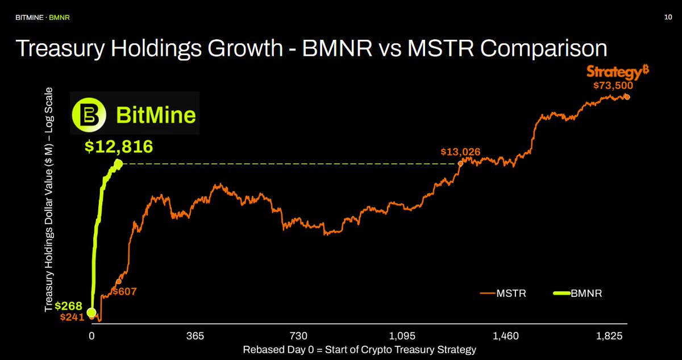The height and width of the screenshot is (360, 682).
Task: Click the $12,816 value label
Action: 119,147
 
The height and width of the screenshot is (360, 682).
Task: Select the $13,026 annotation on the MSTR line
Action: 460,152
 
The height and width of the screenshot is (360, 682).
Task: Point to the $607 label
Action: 124,292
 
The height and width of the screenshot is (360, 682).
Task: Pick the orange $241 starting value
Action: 72,317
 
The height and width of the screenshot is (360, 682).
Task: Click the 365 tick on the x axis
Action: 194,336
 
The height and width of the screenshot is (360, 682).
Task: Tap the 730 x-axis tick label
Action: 298,336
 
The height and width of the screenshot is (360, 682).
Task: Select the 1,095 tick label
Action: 402,336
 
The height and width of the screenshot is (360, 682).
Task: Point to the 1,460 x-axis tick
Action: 505,336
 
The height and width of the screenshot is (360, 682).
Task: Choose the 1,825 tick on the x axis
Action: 609,336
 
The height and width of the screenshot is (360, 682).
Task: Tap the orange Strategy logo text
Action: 618,72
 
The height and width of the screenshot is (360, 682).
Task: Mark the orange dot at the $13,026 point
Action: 460,164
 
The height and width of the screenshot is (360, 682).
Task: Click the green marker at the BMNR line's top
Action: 118,164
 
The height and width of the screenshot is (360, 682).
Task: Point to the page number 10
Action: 668,18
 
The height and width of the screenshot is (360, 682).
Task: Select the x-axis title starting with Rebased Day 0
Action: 359,349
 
